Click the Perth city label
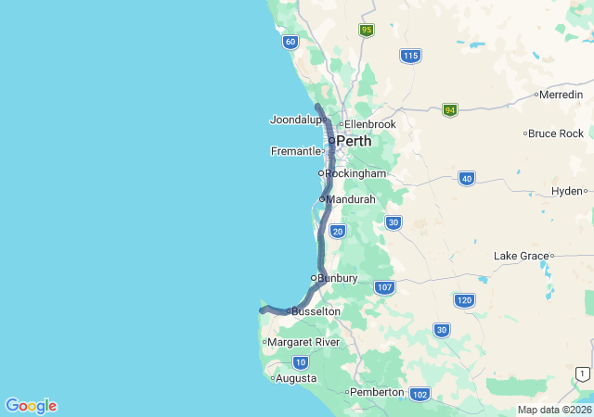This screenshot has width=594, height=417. coord(354,142)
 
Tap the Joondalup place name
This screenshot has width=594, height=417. coord(295,120)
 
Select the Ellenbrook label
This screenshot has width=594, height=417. coord(370,124)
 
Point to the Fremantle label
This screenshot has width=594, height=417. coord(295,151)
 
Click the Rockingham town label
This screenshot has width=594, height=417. coord(355,173)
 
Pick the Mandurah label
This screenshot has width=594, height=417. coord(351,199)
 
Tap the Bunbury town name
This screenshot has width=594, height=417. coord(338,278)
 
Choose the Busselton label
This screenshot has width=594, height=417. coord(316,312)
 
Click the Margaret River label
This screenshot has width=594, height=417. coord(303,342)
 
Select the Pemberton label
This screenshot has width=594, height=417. coord(378,392)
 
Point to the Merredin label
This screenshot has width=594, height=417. coord(562,95)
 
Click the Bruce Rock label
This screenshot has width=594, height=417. coord(557,133)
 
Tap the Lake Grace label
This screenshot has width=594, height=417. coord(521,256)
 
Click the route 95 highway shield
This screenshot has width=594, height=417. coord(367,31)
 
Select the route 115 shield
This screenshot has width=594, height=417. coord(410,57)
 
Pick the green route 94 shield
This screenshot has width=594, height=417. coord(450,109)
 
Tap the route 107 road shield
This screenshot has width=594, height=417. coord(384,287)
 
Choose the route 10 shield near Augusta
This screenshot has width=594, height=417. coord(301,362)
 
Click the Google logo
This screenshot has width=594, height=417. coord(31,406)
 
